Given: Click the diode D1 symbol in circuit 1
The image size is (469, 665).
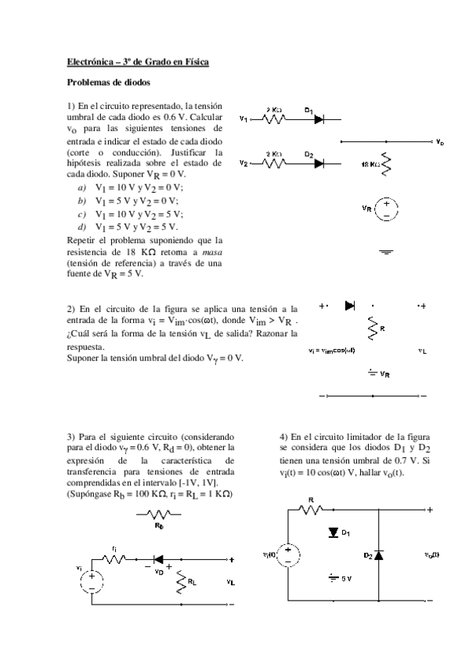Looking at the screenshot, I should click(319, 119).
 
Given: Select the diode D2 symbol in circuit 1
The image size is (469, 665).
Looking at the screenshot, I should click(319, 163).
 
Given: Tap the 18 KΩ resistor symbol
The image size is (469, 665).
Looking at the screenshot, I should click(385, 163).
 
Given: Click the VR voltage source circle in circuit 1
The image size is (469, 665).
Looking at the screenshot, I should click(386, 208).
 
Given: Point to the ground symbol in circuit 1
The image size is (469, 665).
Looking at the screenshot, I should click(385, 253).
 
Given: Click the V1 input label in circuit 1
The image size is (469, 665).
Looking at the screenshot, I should click(244, 120).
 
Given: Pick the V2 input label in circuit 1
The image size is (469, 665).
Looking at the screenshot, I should click(244, 164).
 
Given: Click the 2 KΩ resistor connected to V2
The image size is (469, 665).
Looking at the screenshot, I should click(274, 163).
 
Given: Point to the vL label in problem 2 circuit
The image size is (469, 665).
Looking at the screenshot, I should click(422, 351).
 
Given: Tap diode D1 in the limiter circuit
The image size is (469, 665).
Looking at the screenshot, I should click(334, 532).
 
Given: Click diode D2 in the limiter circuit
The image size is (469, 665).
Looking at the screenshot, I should click(378, 554).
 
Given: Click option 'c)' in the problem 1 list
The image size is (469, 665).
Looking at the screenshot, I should click(81, 213).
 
